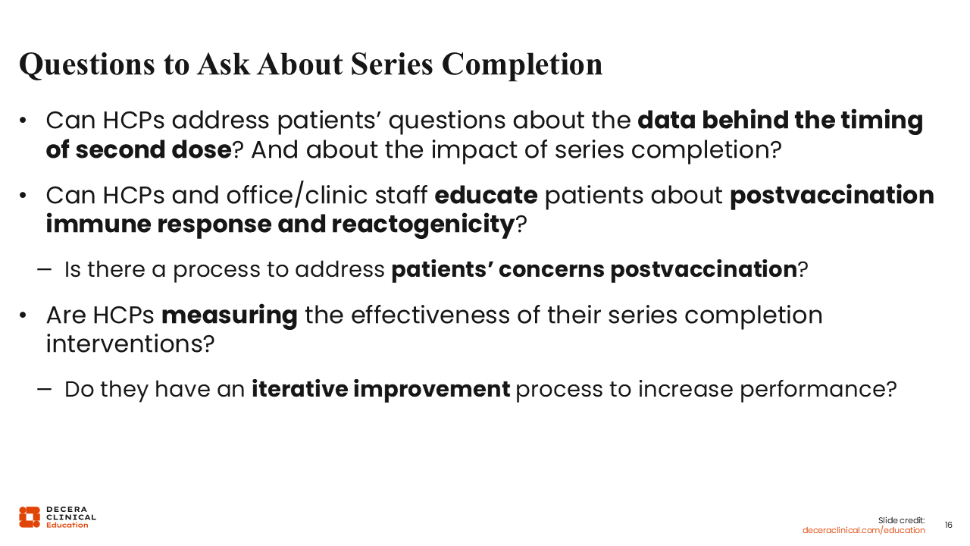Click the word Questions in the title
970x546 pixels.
coord(87,64)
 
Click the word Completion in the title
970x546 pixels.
coord(522,64)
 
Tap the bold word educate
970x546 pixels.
coord(486,195)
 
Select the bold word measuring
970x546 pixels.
coord(230,315)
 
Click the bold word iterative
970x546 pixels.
coord(299,389)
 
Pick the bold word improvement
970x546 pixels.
coord(432,389)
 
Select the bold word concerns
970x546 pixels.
coord(551,269)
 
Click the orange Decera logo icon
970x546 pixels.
coord(30,517)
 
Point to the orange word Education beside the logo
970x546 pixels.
coord(67,526)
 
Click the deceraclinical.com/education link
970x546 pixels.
coord(863,530)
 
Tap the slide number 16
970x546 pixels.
coord(948,526)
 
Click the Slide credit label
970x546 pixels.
coord(901,520)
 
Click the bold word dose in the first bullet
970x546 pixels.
coord(202,150)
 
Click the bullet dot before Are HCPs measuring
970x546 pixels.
coord(23,315)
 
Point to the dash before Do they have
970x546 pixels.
coord(44,390)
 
